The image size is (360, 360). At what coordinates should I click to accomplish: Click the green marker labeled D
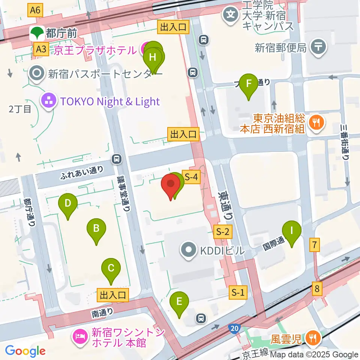click(x=68, y=204)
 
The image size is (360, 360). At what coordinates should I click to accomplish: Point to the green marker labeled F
click(x=249, y=85)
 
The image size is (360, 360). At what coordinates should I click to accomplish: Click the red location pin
click(x=171, y=186)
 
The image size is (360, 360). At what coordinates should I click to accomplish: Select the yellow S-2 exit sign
click(x=222, y=232)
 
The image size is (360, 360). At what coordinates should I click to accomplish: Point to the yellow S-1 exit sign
click(x=238, y=292)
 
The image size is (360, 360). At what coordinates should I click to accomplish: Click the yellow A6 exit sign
click(x=35, y=10)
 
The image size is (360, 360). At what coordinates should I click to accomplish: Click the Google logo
click(x=25, y=351)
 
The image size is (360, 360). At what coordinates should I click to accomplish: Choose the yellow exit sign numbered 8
click(x=317, y=289)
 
